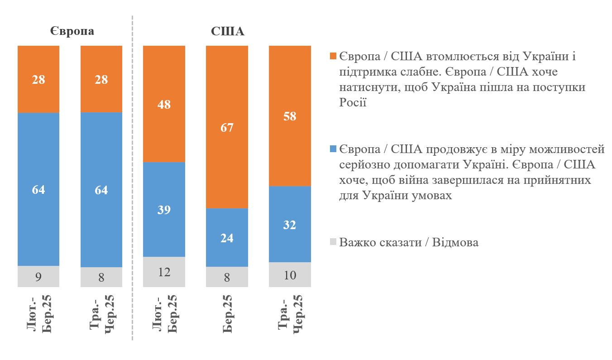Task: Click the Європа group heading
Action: (x=72, y=32)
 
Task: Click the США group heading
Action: (x=227, y=32)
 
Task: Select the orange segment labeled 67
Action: (x=227, y=127)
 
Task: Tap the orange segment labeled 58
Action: (x=290, y=116)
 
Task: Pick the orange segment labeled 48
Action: (x=164, y=104)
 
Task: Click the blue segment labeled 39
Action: (x=164, y=210)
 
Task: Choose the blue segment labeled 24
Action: (x=227, y=237)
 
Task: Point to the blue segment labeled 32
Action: (x=290, y=224)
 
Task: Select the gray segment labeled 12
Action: (x=164, y=272)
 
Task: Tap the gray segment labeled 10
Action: (x=290, y=274)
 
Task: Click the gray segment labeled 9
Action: (x=38, y=276)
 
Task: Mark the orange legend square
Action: (x=333, y=57)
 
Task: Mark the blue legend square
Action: (x=333, y=149)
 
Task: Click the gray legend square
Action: (x=333, y=242)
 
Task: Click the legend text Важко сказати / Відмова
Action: (x=409, y=242)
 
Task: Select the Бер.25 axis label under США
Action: (x=227, y=313)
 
